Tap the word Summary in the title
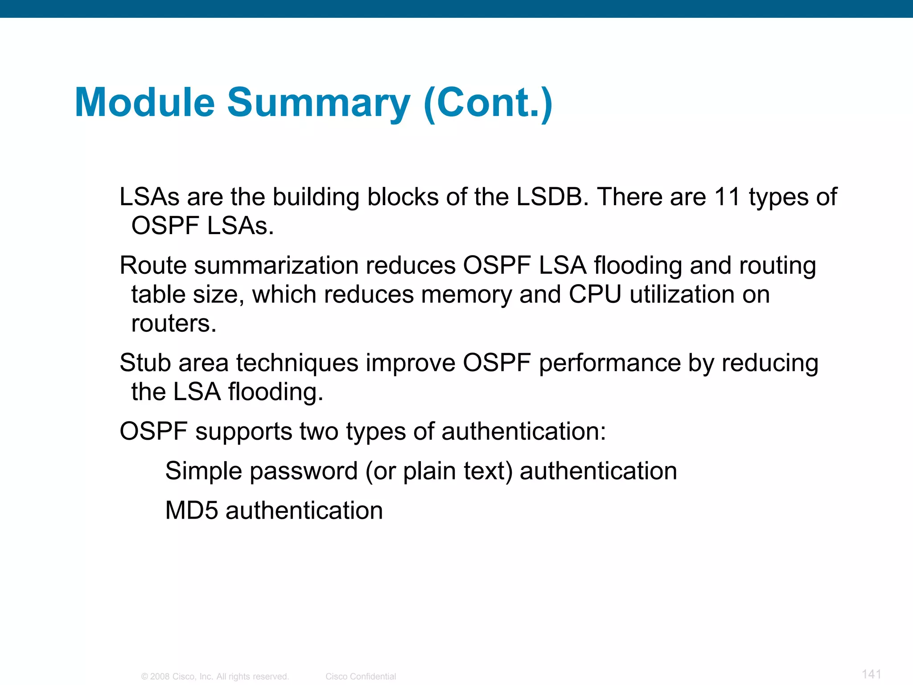318,103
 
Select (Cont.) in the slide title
488,103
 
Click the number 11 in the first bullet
727,197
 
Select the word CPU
595,294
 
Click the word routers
173,323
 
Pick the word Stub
145,363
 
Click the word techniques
297,363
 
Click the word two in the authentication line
319,432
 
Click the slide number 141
871,674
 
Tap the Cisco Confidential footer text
361,677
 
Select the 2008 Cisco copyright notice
215,677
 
